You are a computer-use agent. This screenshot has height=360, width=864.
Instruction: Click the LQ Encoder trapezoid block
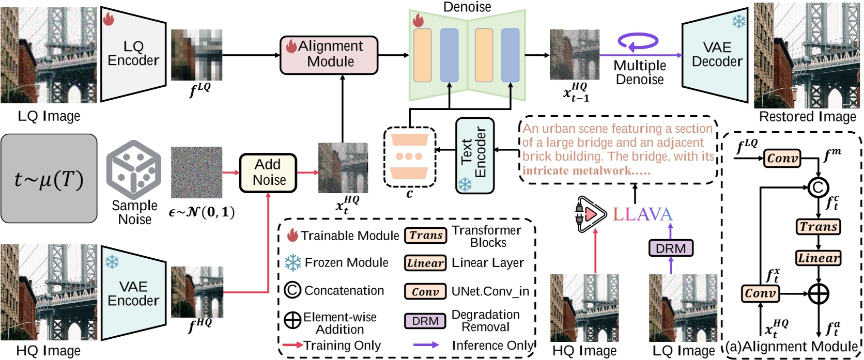coord(133,54)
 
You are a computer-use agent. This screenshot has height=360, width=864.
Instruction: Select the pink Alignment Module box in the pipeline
coord(329,54)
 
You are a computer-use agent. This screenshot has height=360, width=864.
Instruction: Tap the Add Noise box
coord(268,173)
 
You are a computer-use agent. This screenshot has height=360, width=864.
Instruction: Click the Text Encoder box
coord(474,155)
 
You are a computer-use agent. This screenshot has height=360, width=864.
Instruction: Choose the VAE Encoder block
coord(133,293)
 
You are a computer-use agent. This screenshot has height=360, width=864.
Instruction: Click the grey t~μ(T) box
coord(49,179)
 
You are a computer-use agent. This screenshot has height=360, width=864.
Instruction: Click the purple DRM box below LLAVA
coord(670,248)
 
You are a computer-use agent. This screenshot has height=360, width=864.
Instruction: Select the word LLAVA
coord(643,214)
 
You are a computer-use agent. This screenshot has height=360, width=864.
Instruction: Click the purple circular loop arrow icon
coord(638,42)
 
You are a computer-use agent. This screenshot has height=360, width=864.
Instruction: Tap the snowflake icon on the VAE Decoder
coord(739,22)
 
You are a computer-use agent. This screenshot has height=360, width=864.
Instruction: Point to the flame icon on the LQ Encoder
coord(108,19)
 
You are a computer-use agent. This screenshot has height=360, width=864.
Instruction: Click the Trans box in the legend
coord(426,236)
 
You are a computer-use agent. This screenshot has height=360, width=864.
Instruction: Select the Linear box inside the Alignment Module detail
coord(818,258)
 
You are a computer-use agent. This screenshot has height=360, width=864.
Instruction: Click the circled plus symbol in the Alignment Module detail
coord(818,294)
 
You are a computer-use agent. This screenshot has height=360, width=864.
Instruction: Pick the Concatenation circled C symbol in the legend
coord(292,290)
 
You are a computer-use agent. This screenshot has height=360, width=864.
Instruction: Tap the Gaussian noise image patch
coord(196,173)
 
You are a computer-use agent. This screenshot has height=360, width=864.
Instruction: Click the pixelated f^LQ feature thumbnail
coord(196,55)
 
